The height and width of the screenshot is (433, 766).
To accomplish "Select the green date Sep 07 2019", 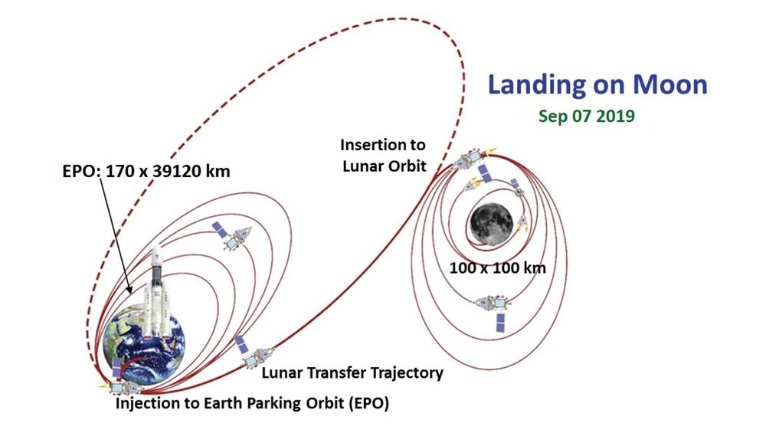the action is coord(586,116).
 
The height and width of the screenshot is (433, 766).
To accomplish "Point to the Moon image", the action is coord(491,224).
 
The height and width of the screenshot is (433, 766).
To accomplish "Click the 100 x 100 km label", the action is coord(497,267).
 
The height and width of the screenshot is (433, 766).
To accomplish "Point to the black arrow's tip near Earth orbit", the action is coord(130,294).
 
